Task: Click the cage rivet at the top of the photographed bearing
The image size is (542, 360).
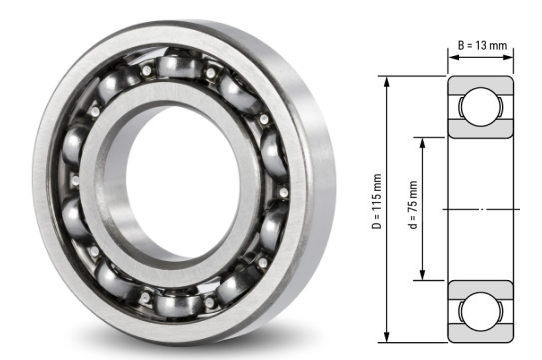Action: tap(211, 73)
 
